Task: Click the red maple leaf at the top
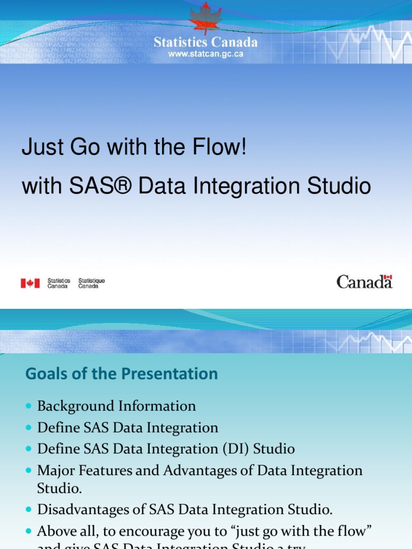(x=205, y=19)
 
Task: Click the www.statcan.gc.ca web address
(x=205, y=54)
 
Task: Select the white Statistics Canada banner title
(x=205, y=42)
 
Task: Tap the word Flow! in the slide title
(x=222, y=147)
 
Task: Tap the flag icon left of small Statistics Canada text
(x=30, y=283)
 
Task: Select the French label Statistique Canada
(x=92, y=283)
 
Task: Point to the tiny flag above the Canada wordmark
(x=388, y=277)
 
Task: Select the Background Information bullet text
(x=116, y=406)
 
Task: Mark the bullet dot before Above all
(x=29, y=531)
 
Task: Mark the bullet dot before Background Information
(x=29, y=406)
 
